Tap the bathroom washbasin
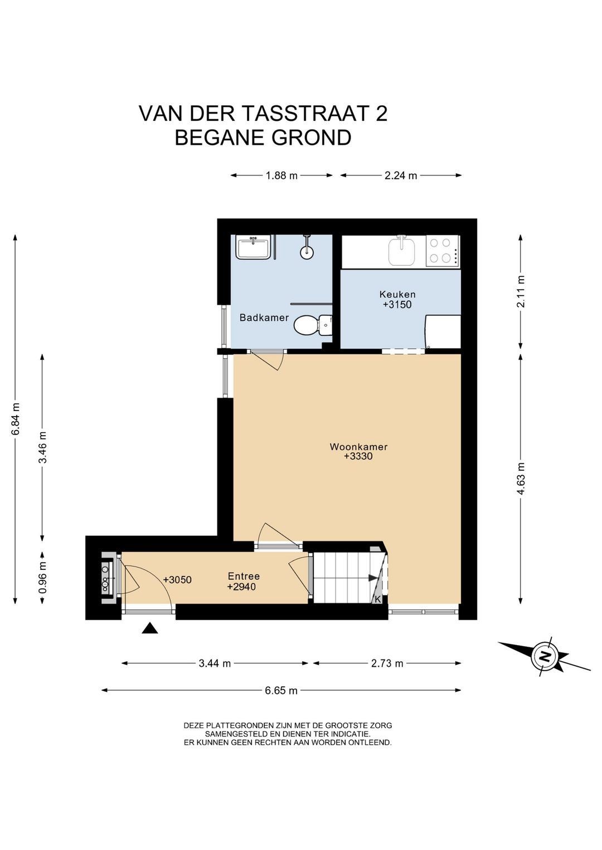(x=253, y=247)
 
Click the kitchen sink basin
(x=401, y=251)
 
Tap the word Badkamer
(x=264, y=317)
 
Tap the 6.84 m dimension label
(x=16, y=419)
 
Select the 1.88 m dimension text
(x=281, y=175)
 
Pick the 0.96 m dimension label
(x=43, y=577)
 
